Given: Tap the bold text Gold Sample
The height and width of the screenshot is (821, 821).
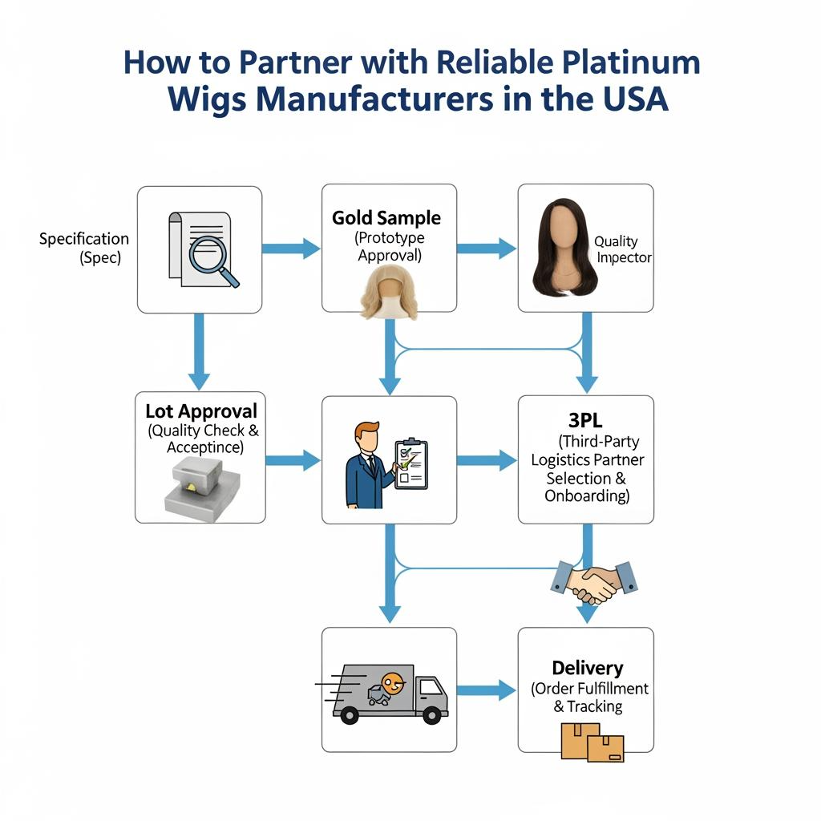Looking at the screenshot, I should (386, 218).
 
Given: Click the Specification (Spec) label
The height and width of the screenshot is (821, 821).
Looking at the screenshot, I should (84, 249).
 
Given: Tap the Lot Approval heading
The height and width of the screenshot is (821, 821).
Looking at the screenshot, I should (201, 411).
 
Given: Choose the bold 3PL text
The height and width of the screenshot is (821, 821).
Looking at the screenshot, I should (584, 421).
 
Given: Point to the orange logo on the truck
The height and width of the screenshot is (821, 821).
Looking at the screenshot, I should (392, 684).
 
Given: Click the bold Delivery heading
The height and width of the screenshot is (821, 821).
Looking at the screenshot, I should (587, 668).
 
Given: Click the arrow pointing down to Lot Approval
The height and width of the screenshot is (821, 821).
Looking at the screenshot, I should (199, 352).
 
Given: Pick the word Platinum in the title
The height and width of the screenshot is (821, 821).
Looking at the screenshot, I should (633, 63).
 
